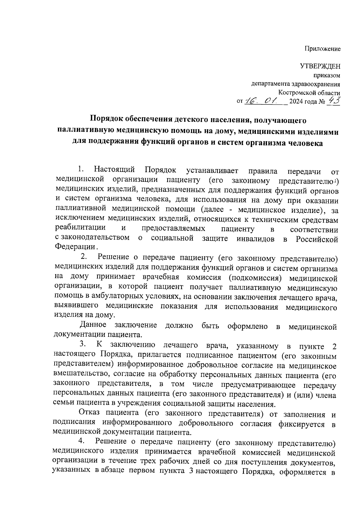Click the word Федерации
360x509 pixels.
tap(75, 247)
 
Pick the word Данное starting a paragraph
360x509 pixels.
tap(93, 325)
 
